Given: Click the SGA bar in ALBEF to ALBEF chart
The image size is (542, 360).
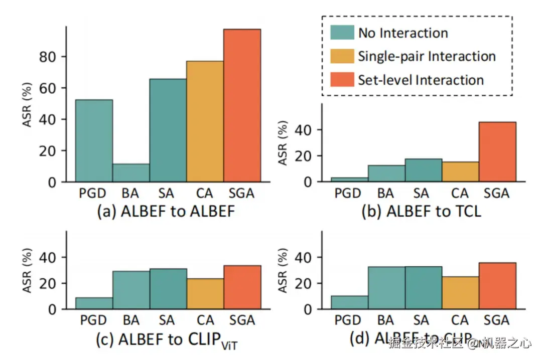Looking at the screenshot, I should [242, 105].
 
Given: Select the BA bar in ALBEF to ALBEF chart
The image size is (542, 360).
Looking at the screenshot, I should [131, 172].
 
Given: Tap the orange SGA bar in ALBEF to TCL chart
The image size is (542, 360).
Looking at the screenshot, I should [497, 151].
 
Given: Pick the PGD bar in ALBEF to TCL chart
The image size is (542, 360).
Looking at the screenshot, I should [349, 179].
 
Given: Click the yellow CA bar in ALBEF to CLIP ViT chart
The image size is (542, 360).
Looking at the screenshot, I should [205, 294].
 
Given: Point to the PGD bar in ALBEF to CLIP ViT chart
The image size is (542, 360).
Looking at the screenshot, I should [94, 303].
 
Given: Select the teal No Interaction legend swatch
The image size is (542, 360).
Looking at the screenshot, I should [342, 33].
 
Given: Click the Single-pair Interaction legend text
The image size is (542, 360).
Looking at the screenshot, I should [427, 56].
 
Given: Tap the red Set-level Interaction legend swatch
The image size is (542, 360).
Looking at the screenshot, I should [342, 80].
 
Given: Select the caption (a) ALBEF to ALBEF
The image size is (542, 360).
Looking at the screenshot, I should [166, 212].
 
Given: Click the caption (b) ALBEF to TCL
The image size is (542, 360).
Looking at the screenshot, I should [421, 212].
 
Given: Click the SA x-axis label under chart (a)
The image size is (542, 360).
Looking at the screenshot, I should [168, 193].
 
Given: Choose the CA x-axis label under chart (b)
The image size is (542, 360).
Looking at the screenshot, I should [460, 193].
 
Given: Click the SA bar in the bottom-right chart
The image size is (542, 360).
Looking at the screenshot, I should [423, 288].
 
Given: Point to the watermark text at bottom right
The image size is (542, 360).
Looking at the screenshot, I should [460, 344].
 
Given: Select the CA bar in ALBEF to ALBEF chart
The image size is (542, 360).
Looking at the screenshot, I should [205, 121].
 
